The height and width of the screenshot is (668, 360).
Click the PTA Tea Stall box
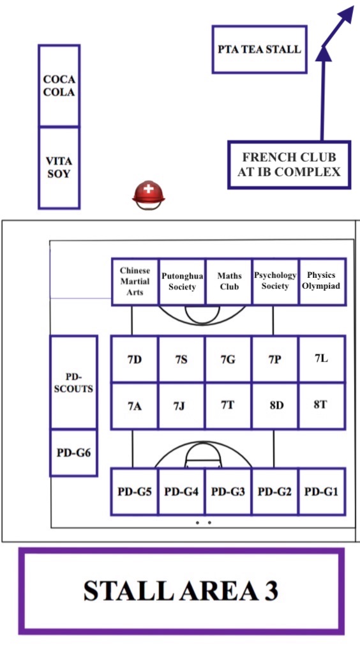coord(259,49)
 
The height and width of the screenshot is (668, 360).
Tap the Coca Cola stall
coord(59,86)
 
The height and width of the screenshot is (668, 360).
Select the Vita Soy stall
coord(59,168)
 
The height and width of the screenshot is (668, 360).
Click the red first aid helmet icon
coord(148,195)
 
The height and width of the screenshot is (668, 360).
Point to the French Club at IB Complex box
coord(289,165)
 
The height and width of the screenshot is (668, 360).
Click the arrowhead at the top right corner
coord(346,14)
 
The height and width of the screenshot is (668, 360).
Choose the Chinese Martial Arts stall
coord(135,282)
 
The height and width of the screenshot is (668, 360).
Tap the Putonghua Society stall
coord(183,282)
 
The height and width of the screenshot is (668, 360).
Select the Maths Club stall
coord(229,282)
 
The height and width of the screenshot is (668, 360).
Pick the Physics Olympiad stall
coord(322,282)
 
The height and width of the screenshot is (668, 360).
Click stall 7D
coord(135,359)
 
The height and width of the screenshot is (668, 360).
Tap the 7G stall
coord(229,359)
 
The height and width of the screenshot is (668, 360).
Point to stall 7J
coord(181,406)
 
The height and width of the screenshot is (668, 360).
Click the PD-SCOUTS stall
coord(73,382)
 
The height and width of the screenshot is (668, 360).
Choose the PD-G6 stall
coord(73,452)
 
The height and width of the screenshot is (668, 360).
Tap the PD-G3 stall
coord(229,492)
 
